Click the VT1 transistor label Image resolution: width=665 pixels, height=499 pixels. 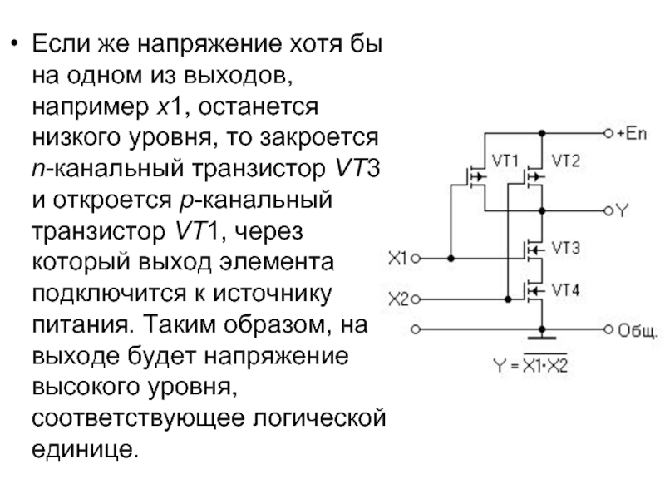[x=505, y=161]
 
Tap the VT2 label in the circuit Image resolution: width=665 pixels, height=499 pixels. [x=565, y=161]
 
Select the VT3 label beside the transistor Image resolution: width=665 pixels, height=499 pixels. [x=565, y=248]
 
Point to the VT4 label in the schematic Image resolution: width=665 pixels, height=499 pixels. [x=565, y=290]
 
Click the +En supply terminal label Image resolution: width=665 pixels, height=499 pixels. [x=632, y=134]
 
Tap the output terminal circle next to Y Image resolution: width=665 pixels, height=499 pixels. [x=608, y=211]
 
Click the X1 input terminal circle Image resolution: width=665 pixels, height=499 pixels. [x=416, y=258]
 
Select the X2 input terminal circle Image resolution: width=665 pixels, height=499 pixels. [x=416, y=299]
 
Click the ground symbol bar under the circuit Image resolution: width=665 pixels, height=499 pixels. [x=542, y=338]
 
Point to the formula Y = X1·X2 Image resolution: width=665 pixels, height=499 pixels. [x=530, y=364]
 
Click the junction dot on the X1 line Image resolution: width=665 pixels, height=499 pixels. [x=451, y=258]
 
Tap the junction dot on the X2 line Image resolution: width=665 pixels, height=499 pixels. [x=508, y=299]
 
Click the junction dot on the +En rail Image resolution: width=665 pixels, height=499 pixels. [x=542, y=133]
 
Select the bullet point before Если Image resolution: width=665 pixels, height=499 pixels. [x=15, y=43]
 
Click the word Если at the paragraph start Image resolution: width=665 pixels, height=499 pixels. [x=61, y=43]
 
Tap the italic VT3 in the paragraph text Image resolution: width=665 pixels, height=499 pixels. [x=357, y=168]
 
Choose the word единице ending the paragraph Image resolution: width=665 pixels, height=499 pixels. [x=86, y=449]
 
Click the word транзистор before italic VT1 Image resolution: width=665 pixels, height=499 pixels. [x=99, y=231]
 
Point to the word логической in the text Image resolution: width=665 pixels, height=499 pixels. [x=319, y=418]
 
